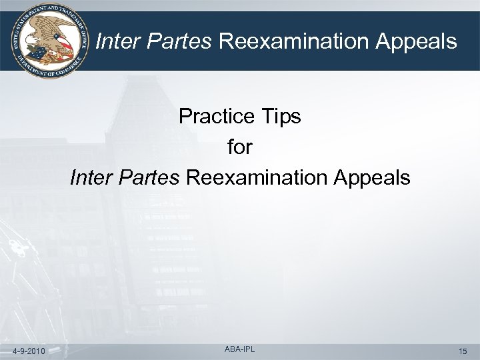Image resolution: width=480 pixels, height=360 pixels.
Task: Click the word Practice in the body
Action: point(216,117)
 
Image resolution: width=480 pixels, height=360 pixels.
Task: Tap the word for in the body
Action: point(240,147)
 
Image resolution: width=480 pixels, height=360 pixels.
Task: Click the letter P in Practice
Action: point(185,117)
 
